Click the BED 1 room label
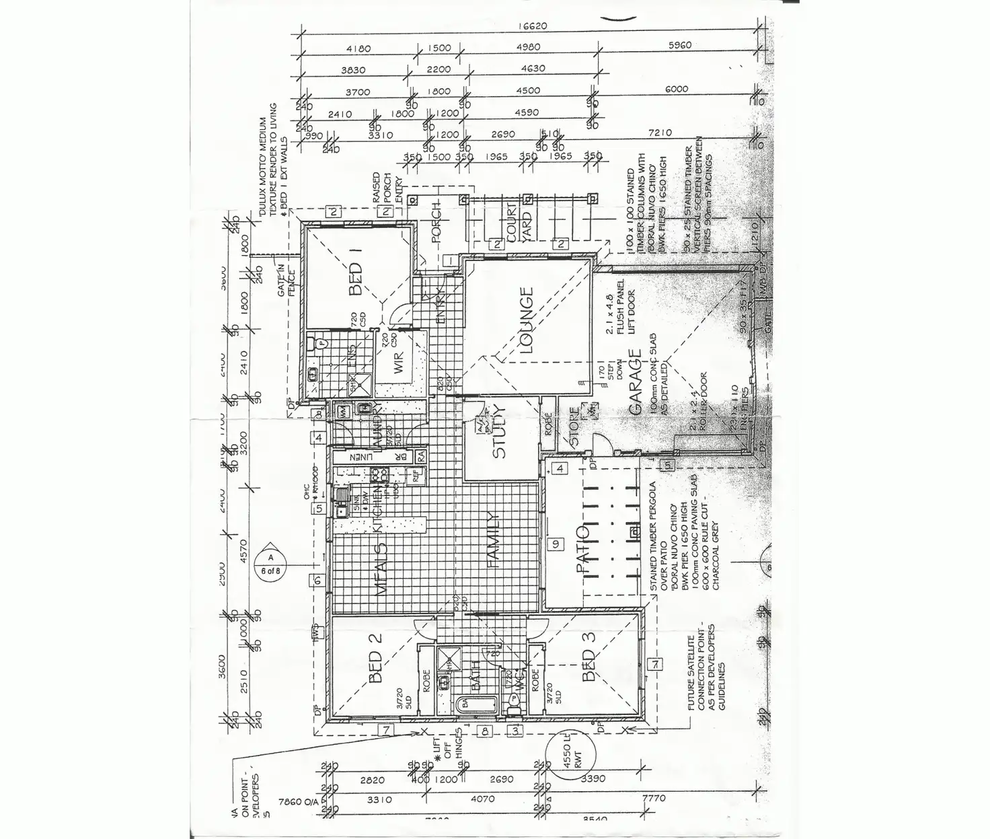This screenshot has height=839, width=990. pos(356,279)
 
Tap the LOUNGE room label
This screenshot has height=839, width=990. pos(525,321)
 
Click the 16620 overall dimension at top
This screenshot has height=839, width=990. pos(533,26)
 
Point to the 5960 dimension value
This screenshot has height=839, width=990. pos(680,46)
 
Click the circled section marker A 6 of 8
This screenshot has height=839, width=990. pos(270,564)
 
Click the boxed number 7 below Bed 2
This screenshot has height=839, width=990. pos(386,730)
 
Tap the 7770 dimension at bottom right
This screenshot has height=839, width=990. pos(654,798)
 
